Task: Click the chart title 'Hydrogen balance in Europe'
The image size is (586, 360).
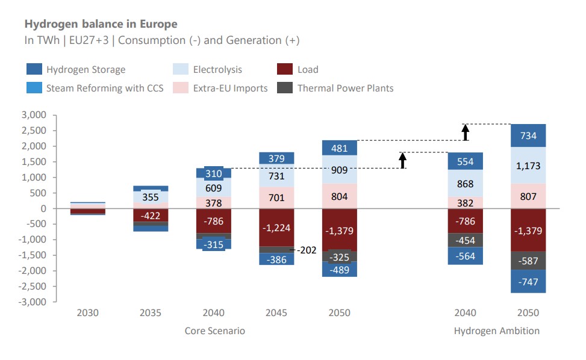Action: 101,24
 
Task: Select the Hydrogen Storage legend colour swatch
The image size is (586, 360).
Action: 34,69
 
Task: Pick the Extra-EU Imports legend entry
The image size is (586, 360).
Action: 230,88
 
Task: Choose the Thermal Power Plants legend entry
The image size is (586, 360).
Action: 345,88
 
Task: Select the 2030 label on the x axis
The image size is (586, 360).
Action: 87,313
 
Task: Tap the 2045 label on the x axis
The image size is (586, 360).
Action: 276,313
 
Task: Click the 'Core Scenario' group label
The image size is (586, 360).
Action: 214,331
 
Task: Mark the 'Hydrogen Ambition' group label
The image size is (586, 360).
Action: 496,331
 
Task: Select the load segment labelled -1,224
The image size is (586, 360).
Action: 276,228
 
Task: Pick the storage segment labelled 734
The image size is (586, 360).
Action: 528,135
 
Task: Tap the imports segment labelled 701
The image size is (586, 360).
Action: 276,197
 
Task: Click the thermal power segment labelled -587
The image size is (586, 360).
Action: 528,261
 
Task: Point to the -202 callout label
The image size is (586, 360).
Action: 307,249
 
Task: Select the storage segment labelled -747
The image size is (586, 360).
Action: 528,281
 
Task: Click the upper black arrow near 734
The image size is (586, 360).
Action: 466,132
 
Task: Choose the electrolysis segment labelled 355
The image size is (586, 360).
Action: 151,197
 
